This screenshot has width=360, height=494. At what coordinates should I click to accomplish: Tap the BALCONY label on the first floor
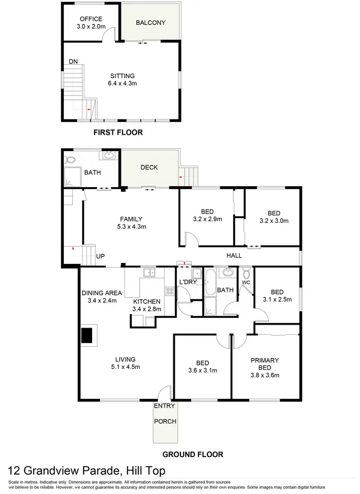150,23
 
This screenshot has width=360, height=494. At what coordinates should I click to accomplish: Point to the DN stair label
73,62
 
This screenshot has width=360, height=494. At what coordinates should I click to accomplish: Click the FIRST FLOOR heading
119,132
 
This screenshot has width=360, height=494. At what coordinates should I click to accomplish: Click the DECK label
149,167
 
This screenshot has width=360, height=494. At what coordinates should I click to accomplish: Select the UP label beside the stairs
101,257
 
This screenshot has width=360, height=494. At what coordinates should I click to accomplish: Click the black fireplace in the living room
86,335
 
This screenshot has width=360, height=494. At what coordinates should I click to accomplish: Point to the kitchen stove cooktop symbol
169,291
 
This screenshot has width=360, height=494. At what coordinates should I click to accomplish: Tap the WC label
246,282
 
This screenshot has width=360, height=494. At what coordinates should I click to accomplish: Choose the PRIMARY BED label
264,364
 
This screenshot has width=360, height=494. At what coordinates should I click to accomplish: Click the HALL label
234,256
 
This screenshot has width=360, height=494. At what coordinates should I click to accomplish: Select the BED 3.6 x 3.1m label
203,366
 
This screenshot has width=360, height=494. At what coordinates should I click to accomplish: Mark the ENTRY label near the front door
160,406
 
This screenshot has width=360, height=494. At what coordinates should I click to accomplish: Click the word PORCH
165,422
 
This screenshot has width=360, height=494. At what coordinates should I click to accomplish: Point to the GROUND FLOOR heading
192,454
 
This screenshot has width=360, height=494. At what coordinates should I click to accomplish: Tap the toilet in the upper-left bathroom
70,159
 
